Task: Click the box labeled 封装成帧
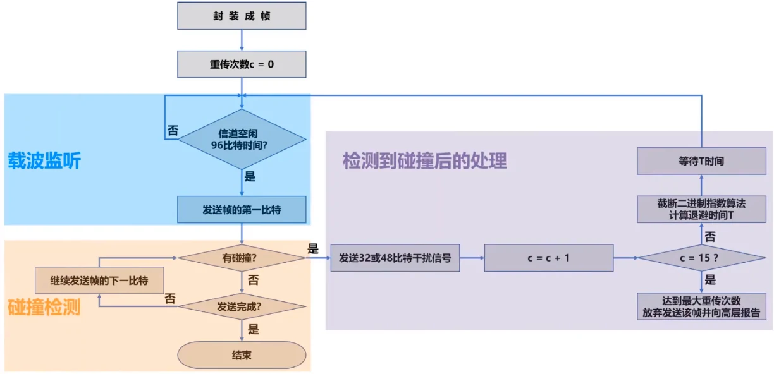242,16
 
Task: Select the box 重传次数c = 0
242,64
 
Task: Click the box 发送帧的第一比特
242,210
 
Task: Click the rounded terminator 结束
242,355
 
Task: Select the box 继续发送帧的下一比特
99,280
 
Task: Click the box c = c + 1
549,258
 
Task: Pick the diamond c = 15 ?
701,258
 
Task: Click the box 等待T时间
701,161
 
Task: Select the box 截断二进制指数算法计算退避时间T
701,209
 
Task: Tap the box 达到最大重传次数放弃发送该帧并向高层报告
701,306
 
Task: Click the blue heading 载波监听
44,161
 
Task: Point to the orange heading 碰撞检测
44,308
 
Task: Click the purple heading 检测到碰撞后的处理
425,160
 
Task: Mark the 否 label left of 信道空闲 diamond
172,131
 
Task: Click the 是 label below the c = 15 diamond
710,280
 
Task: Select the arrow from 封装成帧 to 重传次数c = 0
242,40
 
